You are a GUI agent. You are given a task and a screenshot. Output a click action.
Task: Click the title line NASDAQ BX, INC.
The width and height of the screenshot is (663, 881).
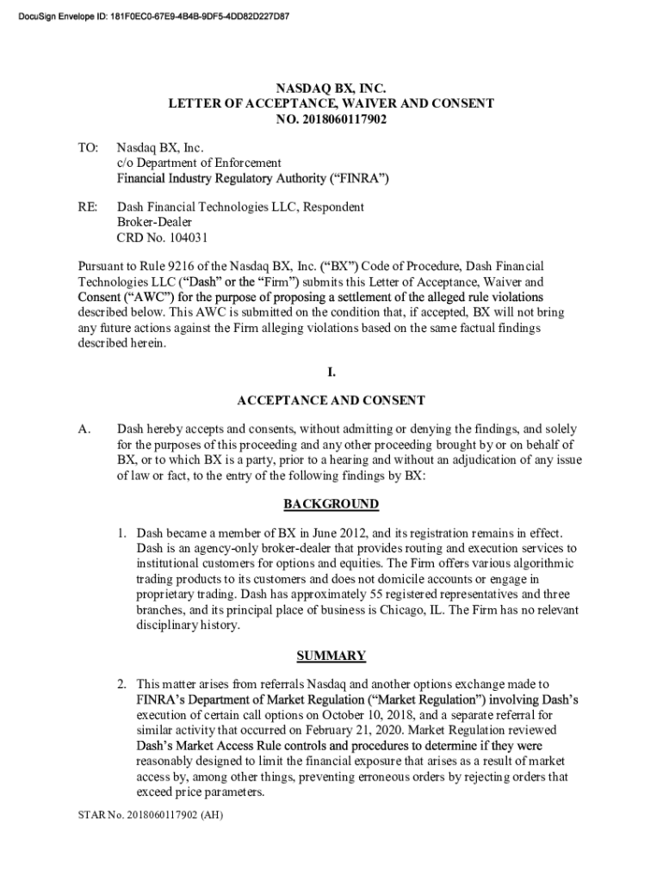pyautogui.click(x=331, y=88)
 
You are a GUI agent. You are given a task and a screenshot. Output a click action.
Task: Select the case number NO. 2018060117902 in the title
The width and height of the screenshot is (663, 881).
pyautogui.click(x=331, y=119)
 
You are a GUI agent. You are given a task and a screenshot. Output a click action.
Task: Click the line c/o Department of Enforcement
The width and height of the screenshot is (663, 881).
pyautogui.click(x=199, y=163)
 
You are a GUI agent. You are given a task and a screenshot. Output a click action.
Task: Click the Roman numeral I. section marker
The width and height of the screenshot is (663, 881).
pyautogui.click(x=331, y=372)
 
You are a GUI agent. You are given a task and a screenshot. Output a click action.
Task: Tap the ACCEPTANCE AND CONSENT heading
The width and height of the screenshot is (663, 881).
pyautogui.click(x=331, y=400)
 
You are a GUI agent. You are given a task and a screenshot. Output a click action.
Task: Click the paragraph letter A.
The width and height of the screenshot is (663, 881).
pyautogui.click(x=84, y=429)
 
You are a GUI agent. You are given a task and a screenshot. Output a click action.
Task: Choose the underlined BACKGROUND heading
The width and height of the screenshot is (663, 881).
pyautogui.click(x=331, y=504)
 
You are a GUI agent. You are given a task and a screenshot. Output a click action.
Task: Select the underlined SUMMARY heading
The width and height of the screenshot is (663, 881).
pyautogui.click(x=331, y=656)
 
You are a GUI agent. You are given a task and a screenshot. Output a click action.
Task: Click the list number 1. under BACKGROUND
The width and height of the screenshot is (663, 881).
pyautogui.click(x=123, y=533)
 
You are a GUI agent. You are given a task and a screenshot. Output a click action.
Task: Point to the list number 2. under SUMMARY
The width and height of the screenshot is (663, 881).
pyautogui.click(x=123, y=685)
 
